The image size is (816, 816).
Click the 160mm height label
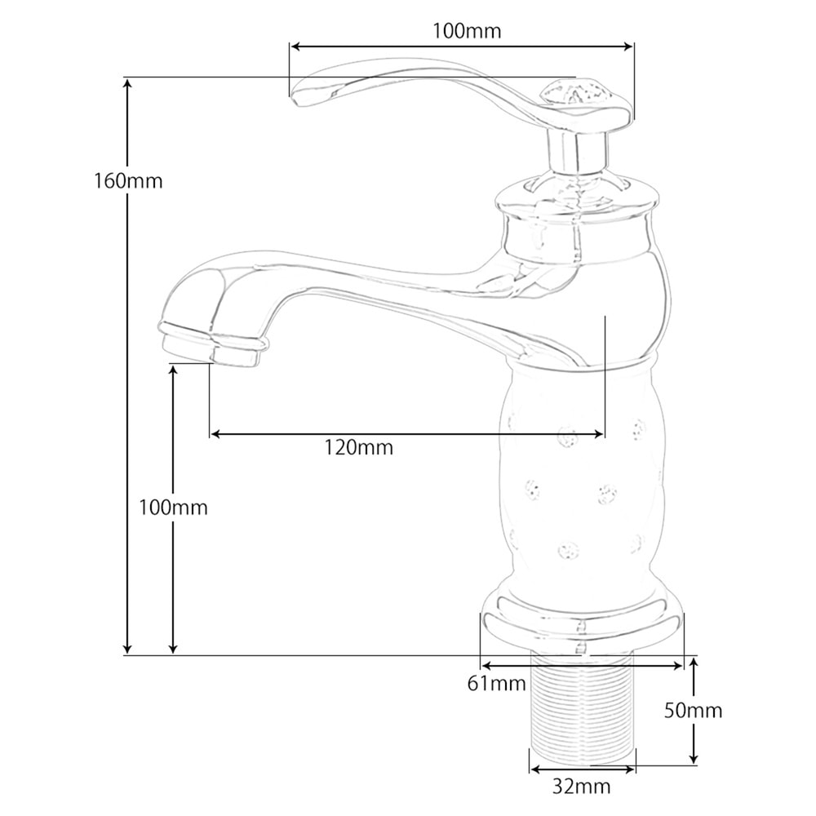coord(128,181)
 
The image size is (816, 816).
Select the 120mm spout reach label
coord(357,447)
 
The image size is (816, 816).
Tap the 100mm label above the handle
coord(467,32)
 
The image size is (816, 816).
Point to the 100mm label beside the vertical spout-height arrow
coord(173,508)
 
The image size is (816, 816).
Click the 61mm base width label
coord(497,684)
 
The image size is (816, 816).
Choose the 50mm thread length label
coord(692,711)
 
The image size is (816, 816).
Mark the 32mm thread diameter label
coord(581,787)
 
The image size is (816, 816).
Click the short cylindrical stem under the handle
coord(577,151)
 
